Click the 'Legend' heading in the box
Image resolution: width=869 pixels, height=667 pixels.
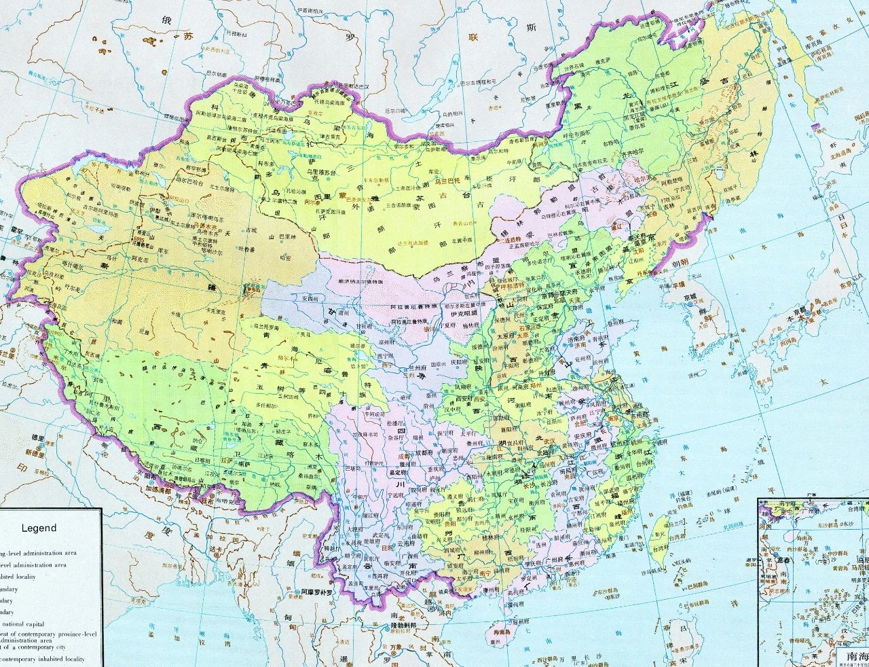click(39, 528)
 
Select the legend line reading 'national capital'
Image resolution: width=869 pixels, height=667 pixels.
click(31, 624)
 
